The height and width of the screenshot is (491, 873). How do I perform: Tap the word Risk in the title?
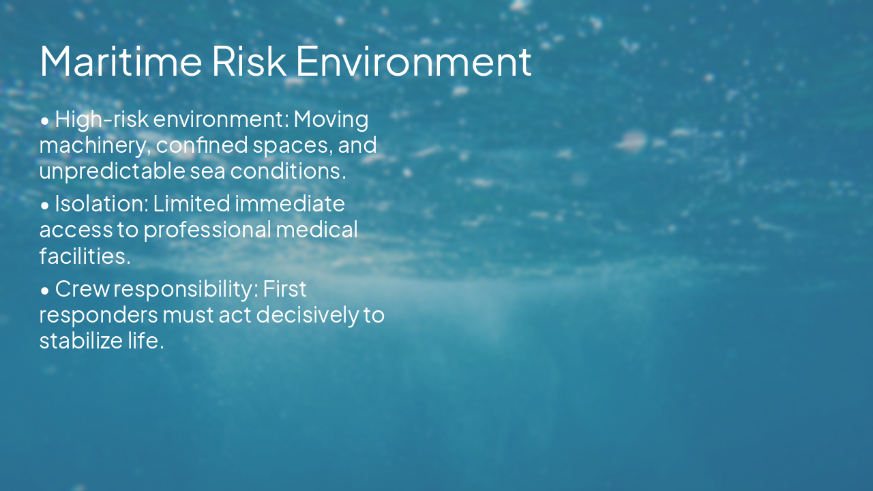coord(249,61)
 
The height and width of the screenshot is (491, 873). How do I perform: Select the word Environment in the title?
coord(413,61)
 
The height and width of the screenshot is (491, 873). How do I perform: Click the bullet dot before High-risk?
coord(45,121)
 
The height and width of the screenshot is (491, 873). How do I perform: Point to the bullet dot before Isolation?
coord(45,205)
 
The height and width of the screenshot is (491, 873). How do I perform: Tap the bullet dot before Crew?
coord(45,291)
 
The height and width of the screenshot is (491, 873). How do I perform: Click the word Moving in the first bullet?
coord(331,119)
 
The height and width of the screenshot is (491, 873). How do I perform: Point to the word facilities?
coord(84,256)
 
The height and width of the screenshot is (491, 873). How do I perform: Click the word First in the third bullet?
coord(284,289)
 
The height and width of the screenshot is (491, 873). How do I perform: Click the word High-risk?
coord(101,119)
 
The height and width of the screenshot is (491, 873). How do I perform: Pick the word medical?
coord(316,230)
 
